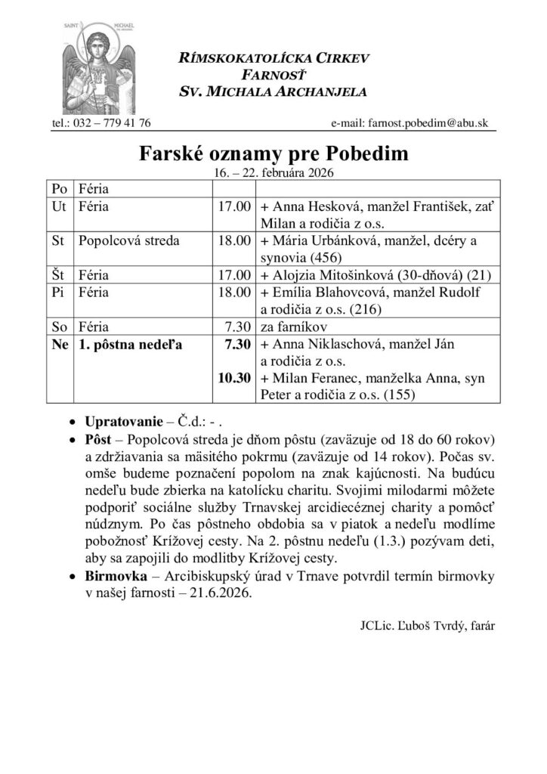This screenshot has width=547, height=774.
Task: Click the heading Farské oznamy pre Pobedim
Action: coord(273,155)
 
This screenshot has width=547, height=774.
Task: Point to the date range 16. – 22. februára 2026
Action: coord(273,172)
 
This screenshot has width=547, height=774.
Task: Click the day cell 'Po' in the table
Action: coord(58,187)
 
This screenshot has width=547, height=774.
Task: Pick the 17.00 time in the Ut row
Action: coord(233,206)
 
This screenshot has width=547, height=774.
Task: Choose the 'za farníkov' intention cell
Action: coord(290,327)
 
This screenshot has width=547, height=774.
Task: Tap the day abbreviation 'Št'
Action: coord(58,274)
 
